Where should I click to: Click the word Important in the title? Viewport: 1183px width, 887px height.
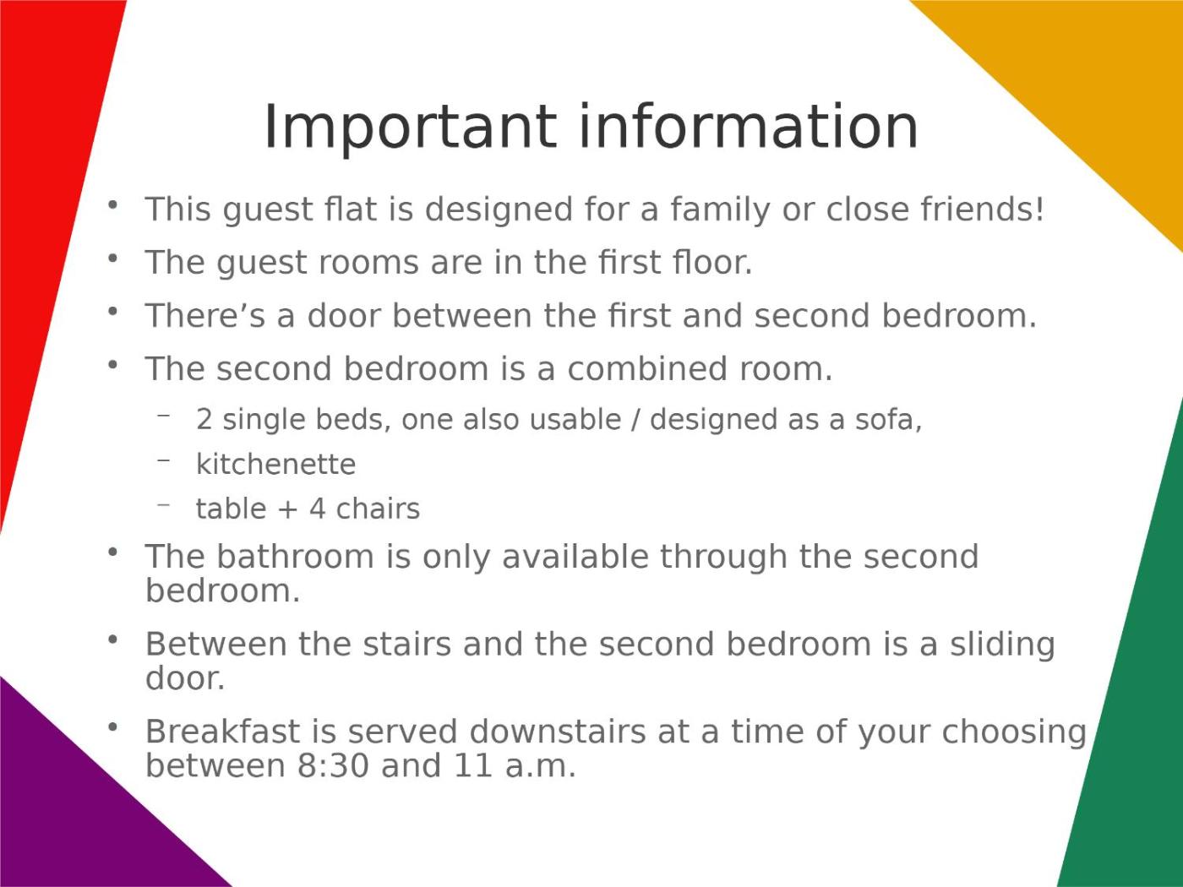[x=410, y=128]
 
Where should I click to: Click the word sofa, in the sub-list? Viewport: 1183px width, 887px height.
[x=889, y=420]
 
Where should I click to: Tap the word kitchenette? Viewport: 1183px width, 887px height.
[x=276, y=465]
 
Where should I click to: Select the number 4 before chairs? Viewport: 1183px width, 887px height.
[x=318, y=509]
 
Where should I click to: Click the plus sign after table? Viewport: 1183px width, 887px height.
[x=288, y=510]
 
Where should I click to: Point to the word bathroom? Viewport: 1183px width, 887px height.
[x=296, y=556]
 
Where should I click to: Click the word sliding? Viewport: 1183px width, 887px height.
[x=1002, y=645]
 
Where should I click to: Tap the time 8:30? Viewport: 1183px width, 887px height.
[x=333, y=765]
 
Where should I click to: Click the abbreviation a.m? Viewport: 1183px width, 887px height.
[x=541, y=767]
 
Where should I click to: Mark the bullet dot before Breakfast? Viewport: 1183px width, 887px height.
[x=112, y=727]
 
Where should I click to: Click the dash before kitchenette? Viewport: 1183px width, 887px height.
[x=164, y=460]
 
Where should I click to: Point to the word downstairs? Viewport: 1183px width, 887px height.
[x=558, y=732]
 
